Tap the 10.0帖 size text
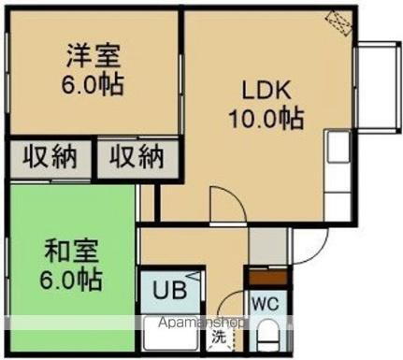coord(266,119)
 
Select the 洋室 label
coord(94,54)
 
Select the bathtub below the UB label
coord(171,335)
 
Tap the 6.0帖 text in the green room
coord(70,279)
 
